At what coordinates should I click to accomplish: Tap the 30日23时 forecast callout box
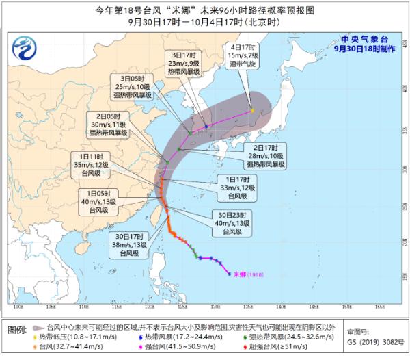pyautogui.click(x=232, y=222)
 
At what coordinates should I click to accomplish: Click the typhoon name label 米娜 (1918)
pyautogui.click(x=252, y=274)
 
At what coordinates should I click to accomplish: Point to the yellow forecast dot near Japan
pyautogui.click(x=251, y=110)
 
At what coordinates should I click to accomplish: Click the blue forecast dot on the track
pyautogui.click(x=206, y=126)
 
